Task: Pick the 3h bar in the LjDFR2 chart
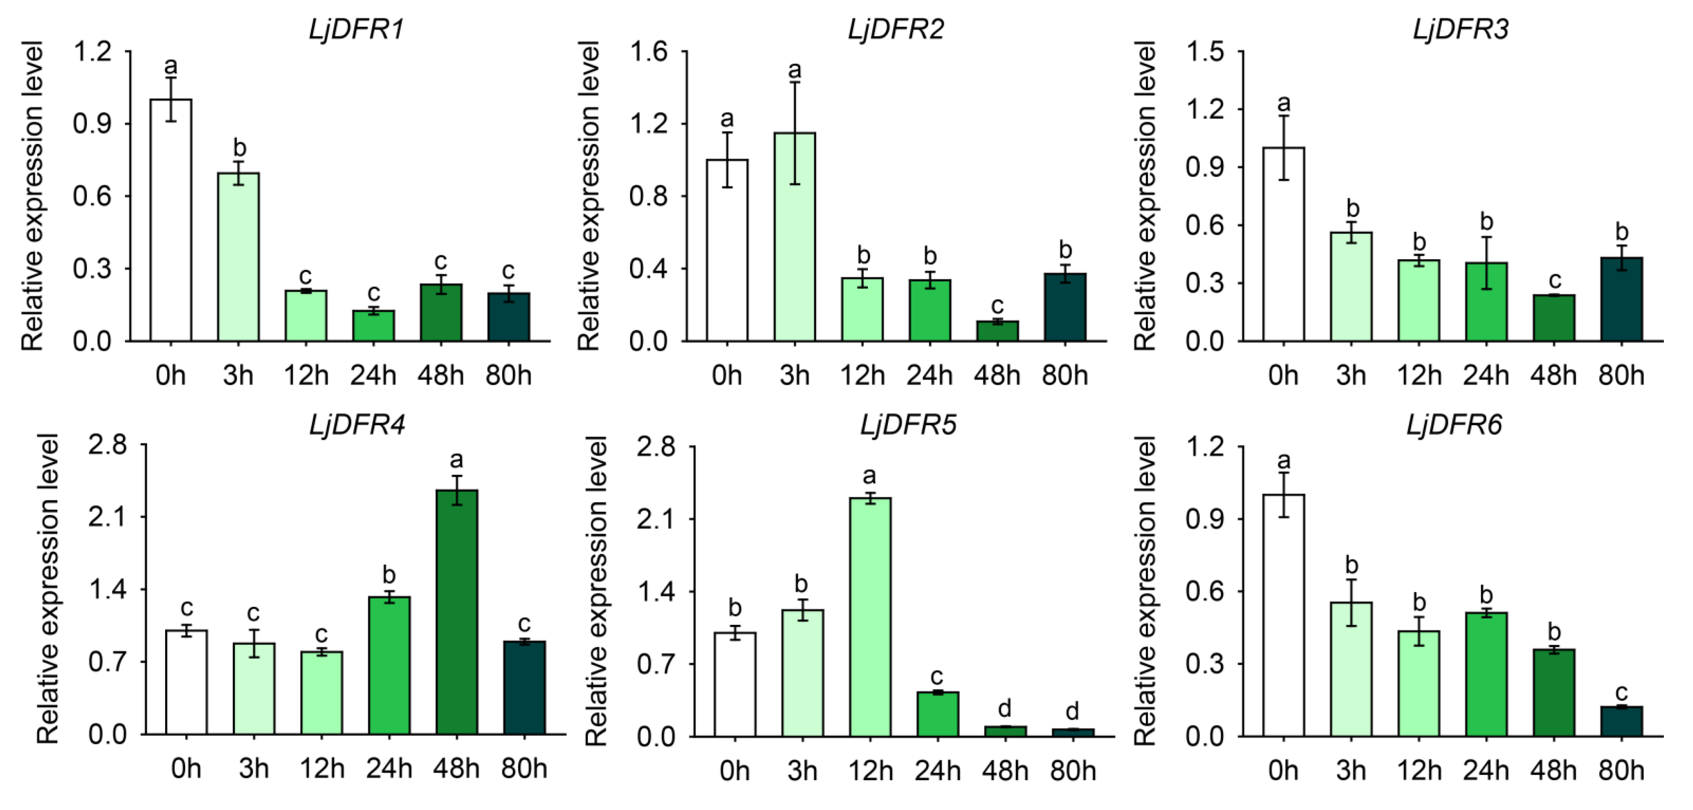click(795, 236)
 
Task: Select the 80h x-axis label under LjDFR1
click(508, 376)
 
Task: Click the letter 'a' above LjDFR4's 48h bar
click(456, 459)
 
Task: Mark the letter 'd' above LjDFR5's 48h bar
click(1004, 708)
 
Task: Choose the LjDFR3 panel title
click(1460, 30)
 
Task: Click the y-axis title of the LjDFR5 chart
click(595, 591)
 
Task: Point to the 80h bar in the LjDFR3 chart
click(1622, 299)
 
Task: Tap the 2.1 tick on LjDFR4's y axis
click(107, 517)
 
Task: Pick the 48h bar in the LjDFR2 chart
click(997, 331)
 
